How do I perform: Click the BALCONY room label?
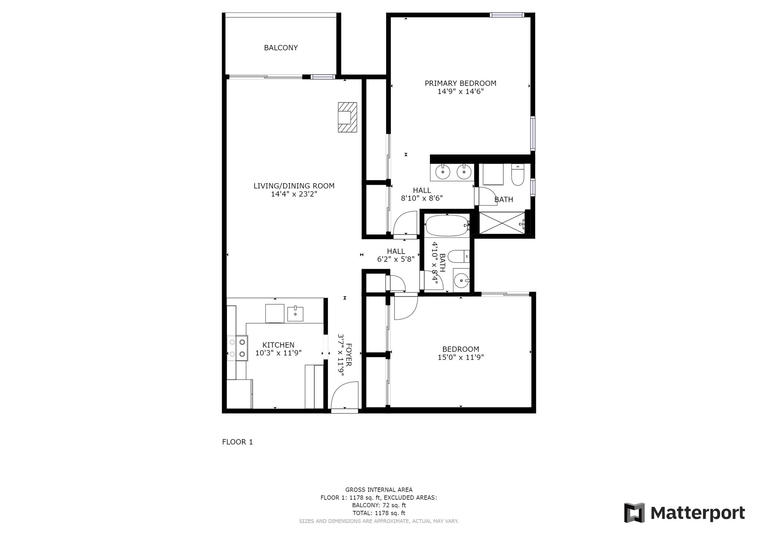coord(281,48)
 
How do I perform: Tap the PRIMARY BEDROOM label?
coord(460,83)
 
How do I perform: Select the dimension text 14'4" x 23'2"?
coord(294,194)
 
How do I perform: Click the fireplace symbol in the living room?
coord(347,117)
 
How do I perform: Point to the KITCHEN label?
coord(278,345)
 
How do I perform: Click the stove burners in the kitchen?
coord(237,348)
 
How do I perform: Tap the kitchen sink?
coord(295,314)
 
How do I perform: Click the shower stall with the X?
coord(502,222)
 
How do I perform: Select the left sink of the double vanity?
coord(442,172)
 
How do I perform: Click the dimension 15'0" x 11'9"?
coord(460,357)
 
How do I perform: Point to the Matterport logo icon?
coord(634,513)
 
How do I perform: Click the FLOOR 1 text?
coord(237,442)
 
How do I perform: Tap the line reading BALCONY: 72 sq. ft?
coord(379,505)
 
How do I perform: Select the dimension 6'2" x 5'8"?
coord(396,259)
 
